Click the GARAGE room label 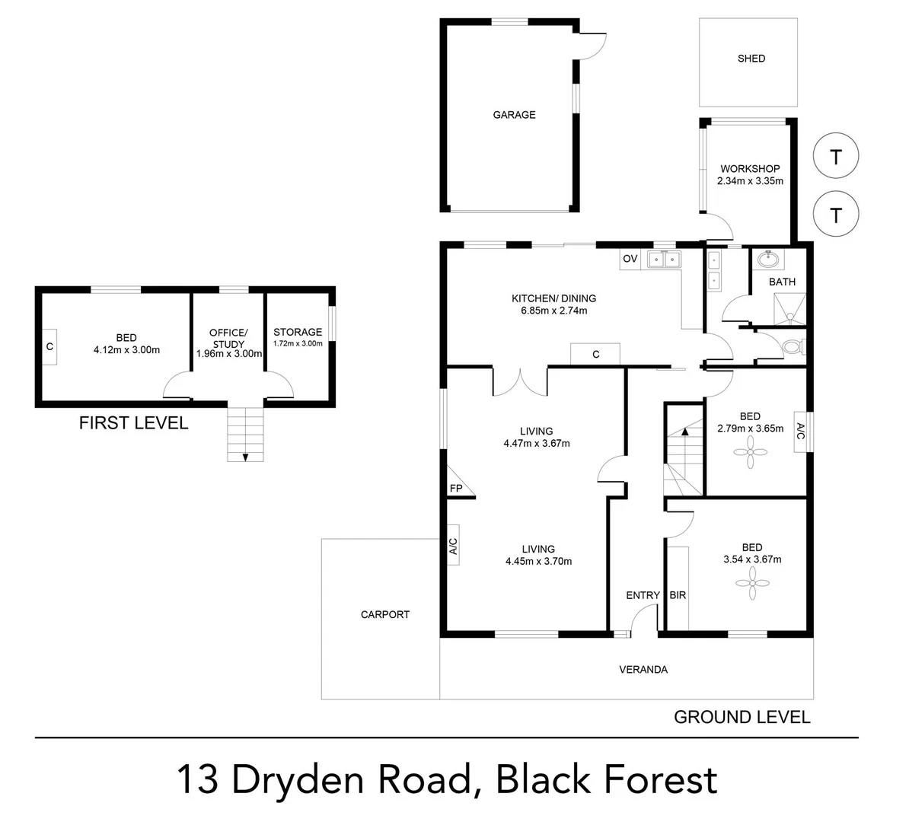[514, 115]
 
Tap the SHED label [751, 59]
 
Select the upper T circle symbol [836, 157]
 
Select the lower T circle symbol [836, 215]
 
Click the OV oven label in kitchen [630, 259]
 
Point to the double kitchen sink [665, 260]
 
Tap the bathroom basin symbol [768, 260]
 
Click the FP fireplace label [456, 488]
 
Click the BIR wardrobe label [678, 595]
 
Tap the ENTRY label [643, 595]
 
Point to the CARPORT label [385, 614]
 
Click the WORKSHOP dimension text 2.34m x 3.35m [750, 181]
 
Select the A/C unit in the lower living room [452, 546]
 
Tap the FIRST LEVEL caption [133, 423]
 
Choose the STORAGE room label [298, 332]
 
